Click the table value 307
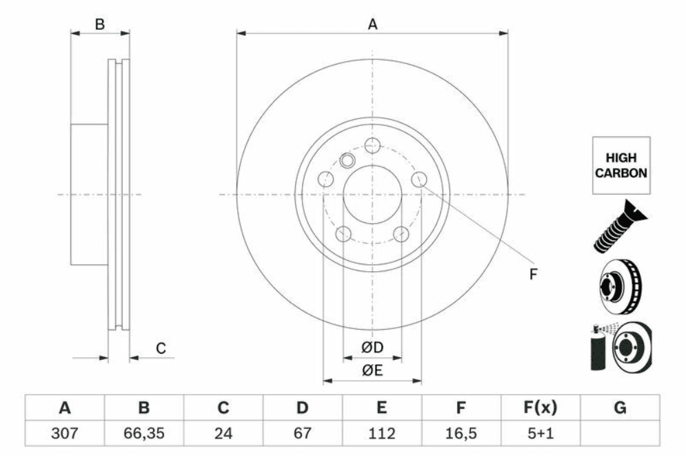pyautogui.click(x=65, y=433)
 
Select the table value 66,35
pyautogui.click(x=144, y=433)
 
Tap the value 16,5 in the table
pyautogui.click(x=461, y=433)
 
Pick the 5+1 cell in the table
pyautogui.click(x=541, y=433)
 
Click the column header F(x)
pyautogui.click(x=541, y=408)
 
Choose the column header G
pyautogui.click(x=620, y=408)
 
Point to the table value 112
pyautogui.click(x=381, y=433)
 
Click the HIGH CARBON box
pyautogui.click(x=621, y=165)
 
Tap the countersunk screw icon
pyautogui.click(x=621, y=226)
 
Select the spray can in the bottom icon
pyautogui.click(x=598, y=348)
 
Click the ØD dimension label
pyautogui.click(x=372, y=348)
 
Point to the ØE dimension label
pyautogui.click(x=372, y=370)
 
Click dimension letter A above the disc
pyautogui.click(x=372, y=24)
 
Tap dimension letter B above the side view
pyautogui.click(x=100, y=24)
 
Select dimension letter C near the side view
pyautogui.click(x=161, y=348)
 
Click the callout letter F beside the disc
pyautogui.click(x=533, y=274)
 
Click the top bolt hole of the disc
pyautogui.click(x=372, y=145)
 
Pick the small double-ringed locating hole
pyautogui.click(x=347, y=160)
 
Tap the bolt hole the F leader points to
pyautogui.click(x=419, y=178)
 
